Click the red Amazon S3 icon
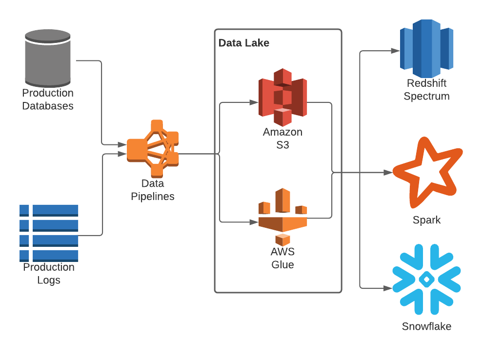point(282,97)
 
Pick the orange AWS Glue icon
point(282,217)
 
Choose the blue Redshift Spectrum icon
point(427,47)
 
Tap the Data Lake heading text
point(244,43)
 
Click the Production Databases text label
point(48,100)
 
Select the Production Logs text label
point(49,274)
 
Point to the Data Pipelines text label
point(153,190)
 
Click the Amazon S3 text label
point(282,139)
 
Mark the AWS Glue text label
point(282,259)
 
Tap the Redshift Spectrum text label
point(427,90)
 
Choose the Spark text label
point(427,220)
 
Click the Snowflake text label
point(427,326)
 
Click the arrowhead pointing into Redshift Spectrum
point(395,50)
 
